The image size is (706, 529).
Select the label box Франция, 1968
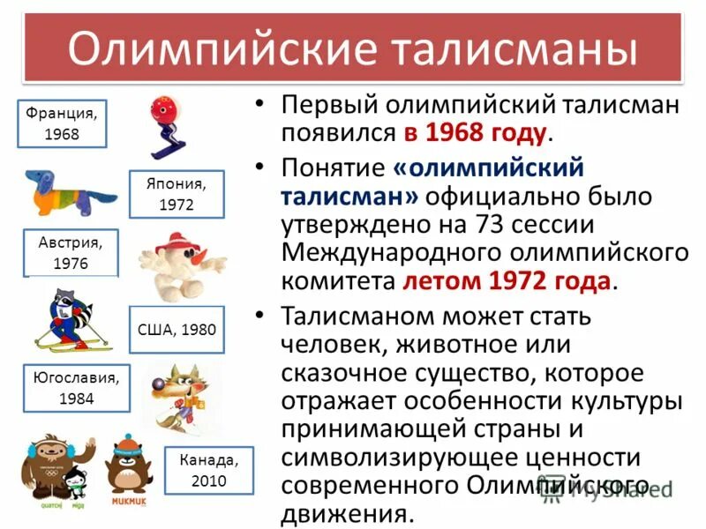pyautogui.click(x=62, y=123)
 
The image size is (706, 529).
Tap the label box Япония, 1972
pyautogui.click(x=176, y=194)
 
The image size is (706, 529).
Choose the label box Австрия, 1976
pyautogui.click(x=71, y=253)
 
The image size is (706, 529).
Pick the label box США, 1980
pyautogui.click(x=176, y=330)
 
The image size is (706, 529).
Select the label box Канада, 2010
pyautogui.click(x=208, y=470)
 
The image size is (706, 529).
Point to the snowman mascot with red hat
pyautogui.click(x=181, y=264)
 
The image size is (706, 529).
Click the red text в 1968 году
pyautogui.click(x=477, y=134)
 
